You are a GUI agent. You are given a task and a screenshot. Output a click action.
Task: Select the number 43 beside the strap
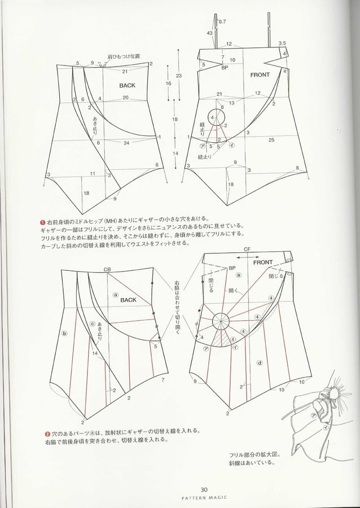(x=210, y=34)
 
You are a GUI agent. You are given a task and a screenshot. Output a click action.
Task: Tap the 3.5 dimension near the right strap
(x=282, y=43)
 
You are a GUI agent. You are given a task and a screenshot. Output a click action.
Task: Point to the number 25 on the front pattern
(x=271, y=139)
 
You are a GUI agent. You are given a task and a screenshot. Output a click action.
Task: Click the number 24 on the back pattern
(x=126, y=143)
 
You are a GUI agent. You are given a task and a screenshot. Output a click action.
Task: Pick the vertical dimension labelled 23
(x=178, y=76)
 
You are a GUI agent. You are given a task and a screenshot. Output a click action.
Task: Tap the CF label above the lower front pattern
(x=247, y=249)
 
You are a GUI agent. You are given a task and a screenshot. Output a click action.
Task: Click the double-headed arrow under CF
(x=247, y=256)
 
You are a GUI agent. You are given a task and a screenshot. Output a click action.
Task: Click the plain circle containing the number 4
(x=215, y=117)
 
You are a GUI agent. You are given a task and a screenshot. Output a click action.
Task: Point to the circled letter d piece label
(x=259, y=363)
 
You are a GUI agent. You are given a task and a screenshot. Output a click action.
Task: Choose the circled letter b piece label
(x=64, y=334)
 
